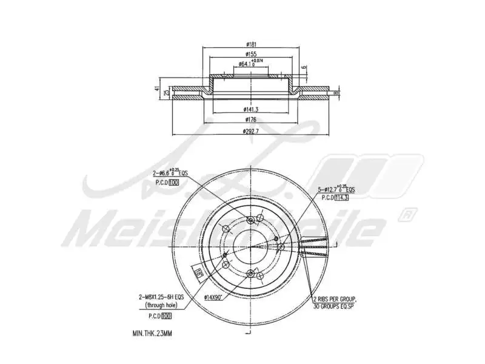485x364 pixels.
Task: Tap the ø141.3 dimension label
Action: click(x=251, y=109)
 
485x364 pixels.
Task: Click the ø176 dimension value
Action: click(x=250, y=120)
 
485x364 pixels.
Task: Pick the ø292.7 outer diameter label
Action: click(x=251, y=130)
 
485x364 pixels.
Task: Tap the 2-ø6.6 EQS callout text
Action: click(x=170, y=173)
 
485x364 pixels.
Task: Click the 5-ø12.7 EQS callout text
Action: click(x=336, y=190)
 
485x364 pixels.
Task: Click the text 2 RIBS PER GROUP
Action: click(x=335, y=300)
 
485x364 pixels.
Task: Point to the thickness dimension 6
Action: click(x=304, y=67)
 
